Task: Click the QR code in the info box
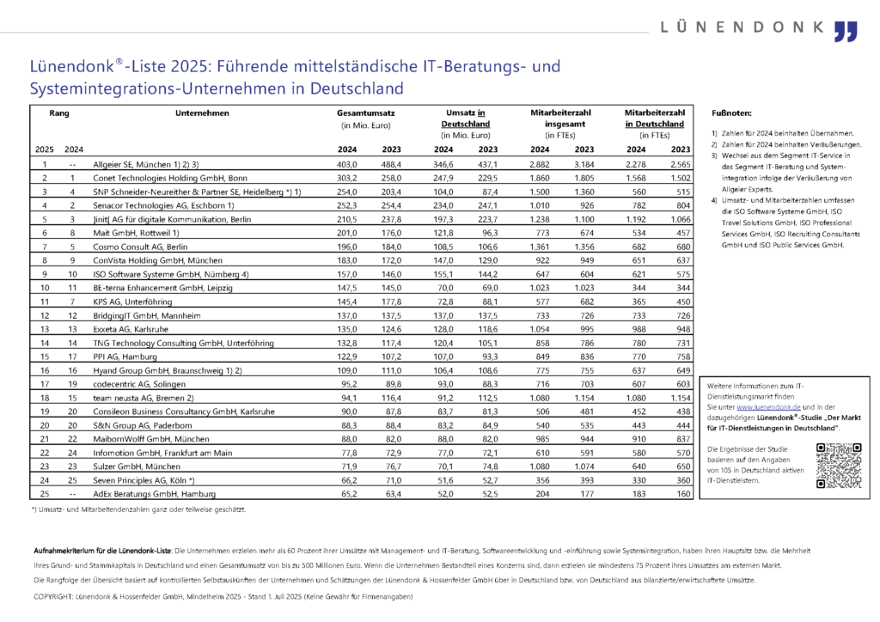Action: point(839,466)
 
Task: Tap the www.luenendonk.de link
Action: point(768,407)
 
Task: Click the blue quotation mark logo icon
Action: point(846,32)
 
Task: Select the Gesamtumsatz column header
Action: point(365,113)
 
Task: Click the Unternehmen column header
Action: point(202,113)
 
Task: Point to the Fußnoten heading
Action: point(731,113)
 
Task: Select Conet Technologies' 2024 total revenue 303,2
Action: point(347,179)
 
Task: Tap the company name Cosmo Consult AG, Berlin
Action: point(140,247)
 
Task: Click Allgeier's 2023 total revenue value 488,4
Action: point(391,165)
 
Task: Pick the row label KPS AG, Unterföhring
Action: point(132,302)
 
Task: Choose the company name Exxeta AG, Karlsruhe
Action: point(131,329)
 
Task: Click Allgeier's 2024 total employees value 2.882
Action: point(540,165)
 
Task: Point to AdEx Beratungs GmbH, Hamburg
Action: point(155,494)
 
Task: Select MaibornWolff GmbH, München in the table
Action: point(151,439)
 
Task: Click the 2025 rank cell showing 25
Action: point(45,494)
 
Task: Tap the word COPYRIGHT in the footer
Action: point(53,597)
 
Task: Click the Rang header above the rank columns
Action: point(59,113)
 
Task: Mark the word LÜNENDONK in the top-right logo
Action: point(742,27)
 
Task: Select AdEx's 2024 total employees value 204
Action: point(543,494)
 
